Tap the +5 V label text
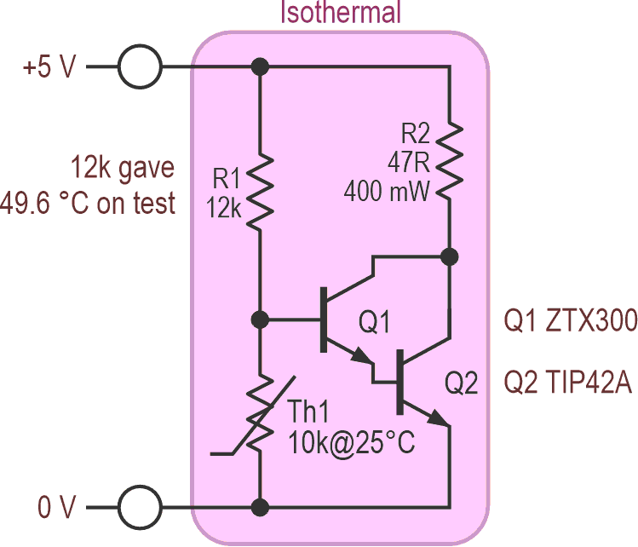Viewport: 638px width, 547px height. click(x=49, y=66)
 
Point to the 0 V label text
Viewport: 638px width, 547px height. click(x=56, y=507)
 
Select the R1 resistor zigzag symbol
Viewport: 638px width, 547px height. click(x=260, y=192)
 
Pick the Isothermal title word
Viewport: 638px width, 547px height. click(x=341, y=11)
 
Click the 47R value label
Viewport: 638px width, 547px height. click(x=408, y=163)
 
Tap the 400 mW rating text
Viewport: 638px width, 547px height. click(x=387, y=192)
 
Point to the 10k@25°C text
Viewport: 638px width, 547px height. click(x=352, y=442)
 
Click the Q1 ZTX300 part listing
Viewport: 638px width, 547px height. click(x=571, y=320)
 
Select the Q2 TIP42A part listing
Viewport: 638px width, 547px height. click(x=568, y=383)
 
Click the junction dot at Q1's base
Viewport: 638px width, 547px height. click(x=260, y=320)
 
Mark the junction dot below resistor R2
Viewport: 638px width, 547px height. click(x=450, y=256)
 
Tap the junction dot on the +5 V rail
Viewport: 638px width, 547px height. click(x=260, y=66)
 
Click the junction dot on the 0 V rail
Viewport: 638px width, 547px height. click(x=260, y=508)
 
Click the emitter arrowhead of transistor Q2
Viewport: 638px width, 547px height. click(x=440, y=418)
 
